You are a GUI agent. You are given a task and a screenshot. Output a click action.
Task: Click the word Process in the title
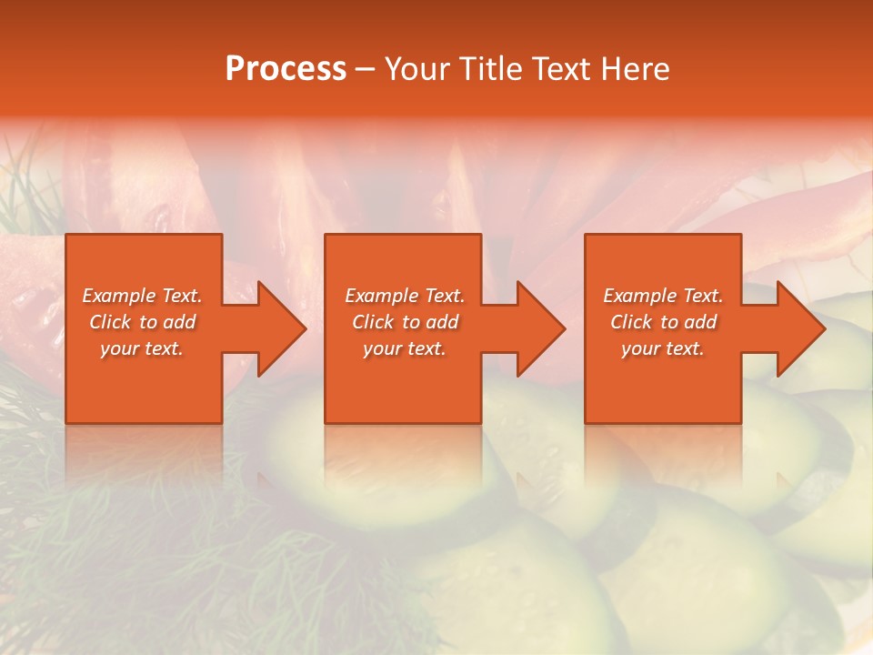286,69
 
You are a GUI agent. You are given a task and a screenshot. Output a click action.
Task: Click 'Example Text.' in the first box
142,296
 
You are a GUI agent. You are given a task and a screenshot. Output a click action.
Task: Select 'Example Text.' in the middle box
405,296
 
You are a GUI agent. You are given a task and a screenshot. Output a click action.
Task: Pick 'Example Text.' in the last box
663,296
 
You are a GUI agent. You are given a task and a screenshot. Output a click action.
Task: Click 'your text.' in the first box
142,348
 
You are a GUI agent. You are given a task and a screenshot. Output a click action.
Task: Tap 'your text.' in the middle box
405,348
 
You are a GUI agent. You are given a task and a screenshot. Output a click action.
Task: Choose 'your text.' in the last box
663,348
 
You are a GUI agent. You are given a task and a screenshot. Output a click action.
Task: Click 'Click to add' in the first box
142,322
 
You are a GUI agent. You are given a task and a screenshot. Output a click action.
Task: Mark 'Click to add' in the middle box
405,322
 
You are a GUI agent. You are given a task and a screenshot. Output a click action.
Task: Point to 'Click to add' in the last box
663,322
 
